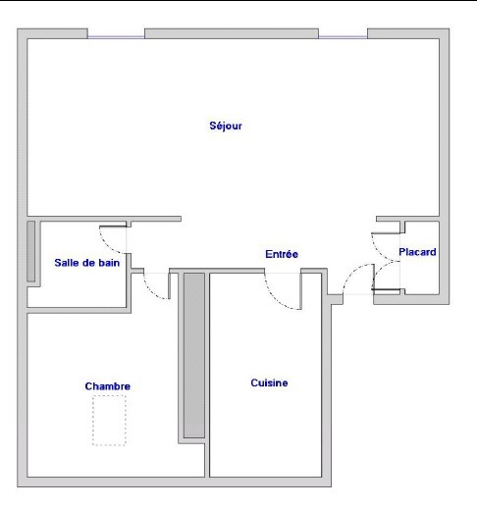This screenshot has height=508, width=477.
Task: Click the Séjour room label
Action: [x=226, y=126]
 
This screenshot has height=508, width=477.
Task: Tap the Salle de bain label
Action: [x=87, y=263]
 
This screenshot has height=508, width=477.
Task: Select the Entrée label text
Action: [x=282, y=254]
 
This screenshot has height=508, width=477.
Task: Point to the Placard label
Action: [x=417, y=252]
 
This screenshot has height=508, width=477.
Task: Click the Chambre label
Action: [x=108, y=386]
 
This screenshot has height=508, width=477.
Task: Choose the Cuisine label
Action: [x=269, y=382]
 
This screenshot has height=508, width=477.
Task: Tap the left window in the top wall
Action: [x=116, y=37]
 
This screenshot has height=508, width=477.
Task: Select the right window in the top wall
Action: [x=344, y=37]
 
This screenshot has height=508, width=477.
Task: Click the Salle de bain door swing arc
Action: [x=105, y=244]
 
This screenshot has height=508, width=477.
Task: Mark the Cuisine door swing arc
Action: [x=276, y=300]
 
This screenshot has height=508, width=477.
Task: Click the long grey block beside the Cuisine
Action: [x=194, y=355]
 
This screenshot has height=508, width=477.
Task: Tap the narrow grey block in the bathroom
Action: [x=31, y=251]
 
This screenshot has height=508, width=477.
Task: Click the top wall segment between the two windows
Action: [x=232, y=33]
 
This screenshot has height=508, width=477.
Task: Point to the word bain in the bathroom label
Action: [x=109, y=263]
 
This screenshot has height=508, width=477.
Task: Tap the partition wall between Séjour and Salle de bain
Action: [x=104, y=219]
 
